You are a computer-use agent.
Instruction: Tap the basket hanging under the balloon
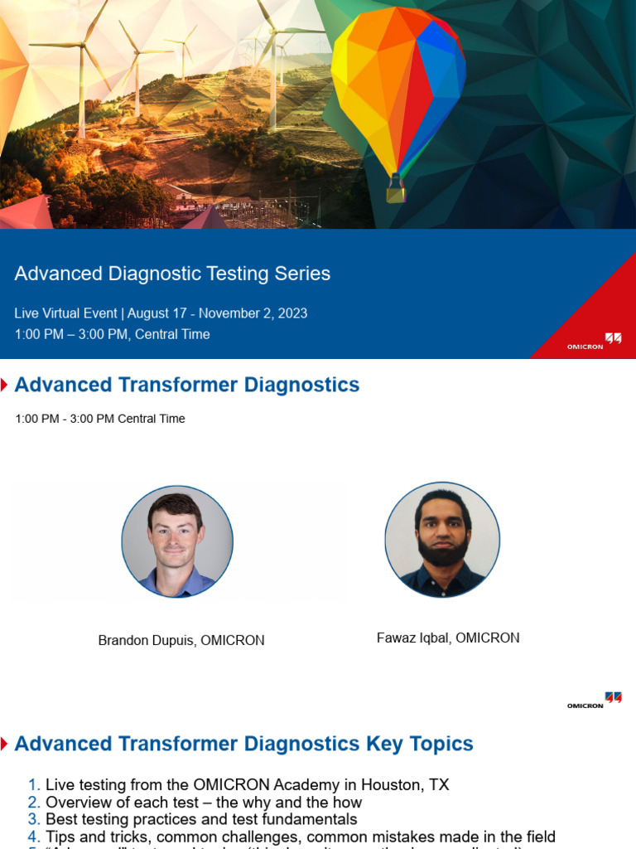pos(396,193)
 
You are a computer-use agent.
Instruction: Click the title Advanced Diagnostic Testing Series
pos(172,274)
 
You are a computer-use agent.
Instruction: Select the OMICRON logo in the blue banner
pos(594,342)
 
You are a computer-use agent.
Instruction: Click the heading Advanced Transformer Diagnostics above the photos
pos(187,385)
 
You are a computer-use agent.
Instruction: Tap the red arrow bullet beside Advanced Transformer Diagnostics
pos(5,385)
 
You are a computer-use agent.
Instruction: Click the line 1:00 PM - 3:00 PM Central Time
pos(100,419)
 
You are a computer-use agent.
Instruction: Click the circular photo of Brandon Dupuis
pos(177,541)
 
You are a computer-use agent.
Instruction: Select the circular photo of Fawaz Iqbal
pos(442,539)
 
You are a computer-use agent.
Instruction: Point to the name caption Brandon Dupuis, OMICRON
pos(181,641)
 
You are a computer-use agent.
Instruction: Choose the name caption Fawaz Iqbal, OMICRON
pos(448,638)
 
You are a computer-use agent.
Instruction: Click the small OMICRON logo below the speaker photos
pos(594,701)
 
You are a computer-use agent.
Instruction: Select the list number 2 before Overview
pos(33,803)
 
